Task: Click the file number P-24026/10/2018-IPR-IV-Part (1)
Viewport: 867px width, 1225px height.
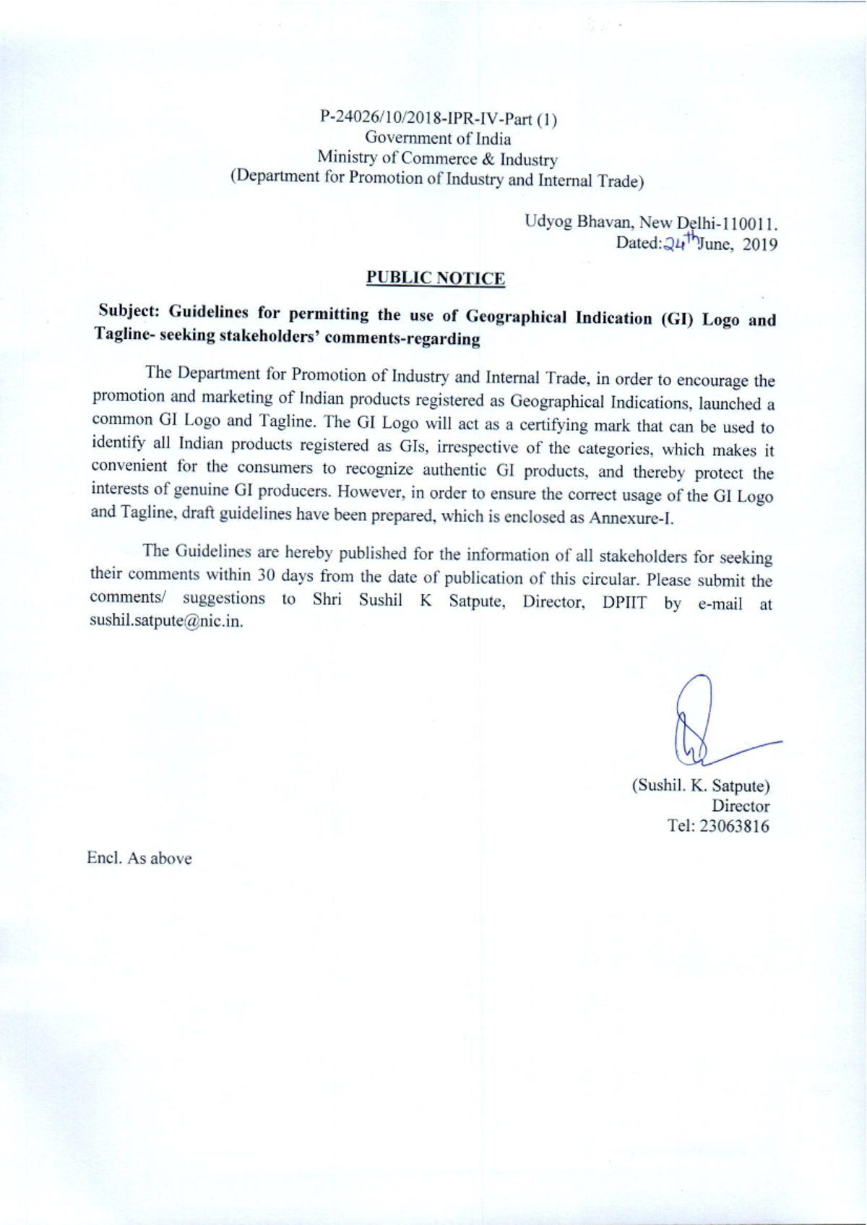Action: (x=438, y=119)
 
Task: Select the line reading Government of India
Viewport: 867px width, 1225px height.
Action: (x=438, y=138)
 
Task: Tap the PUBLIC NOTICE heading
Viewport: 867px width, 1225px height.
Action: (x=436, y=278)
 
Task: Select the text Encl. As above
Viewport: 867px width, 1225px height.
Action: (x=139, y=859)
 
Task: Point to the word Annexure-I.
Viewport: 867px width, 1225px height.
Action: (x=631, y=519)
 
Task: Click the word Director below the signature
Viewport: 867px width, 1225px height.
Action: (x=741, y=806)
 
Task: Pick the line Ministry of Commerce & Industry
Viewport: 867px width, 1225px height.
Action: (x=437, y=158)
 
